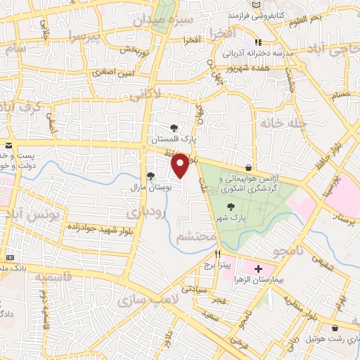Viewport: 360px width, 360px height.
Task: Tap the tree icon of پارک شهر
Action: click(x=231, y=206)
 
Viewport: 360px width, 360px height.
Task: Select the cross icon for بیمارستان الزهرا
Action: click(x=258, y=269)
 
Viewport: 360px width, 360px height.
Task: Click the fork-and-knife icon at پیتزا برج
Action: click(x=218, y=254)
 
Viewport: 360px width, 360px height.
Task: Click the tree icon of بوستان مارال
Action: click(x=150, y=176)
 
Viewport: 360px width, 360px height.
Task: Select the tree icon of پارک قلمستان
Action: click(x=174, y=128)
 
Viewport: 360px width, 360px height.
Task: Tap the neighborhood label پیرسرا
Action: click(x=85, y=36)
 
